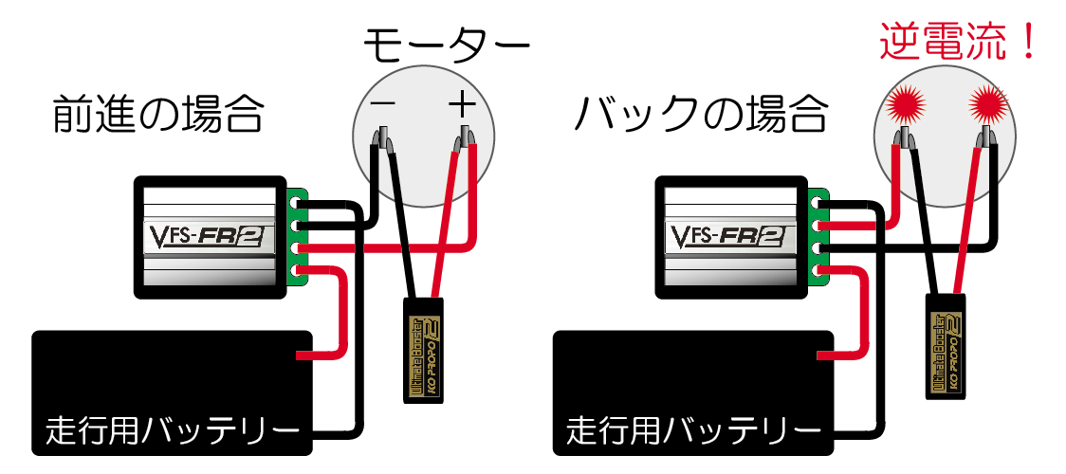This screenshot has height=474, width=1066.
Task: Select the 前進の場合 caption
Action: click(157, 115)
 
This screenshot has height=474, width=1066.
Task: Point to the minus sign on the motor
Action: click(383, 103)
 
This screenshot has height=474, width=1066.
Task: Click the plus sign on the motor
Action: click(462, 103)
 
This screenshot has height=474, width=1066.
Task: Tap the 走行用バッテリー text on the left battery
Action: click(173, 433)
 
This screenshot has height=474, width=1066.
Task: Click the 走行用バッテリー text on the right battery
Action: click(694, 433)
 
